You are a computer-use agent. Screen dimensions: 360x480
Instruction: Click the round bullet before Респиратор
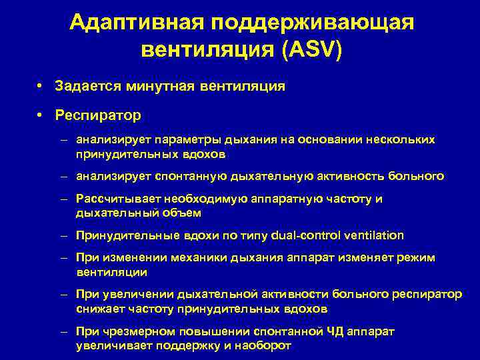41,115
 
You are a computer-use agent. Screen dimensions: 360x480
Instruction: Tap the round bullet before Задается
41,86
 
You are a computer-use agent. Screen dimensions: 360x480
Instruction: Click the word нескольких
400,140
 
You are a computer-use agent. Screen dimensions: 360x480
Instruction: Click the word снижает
97,309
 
